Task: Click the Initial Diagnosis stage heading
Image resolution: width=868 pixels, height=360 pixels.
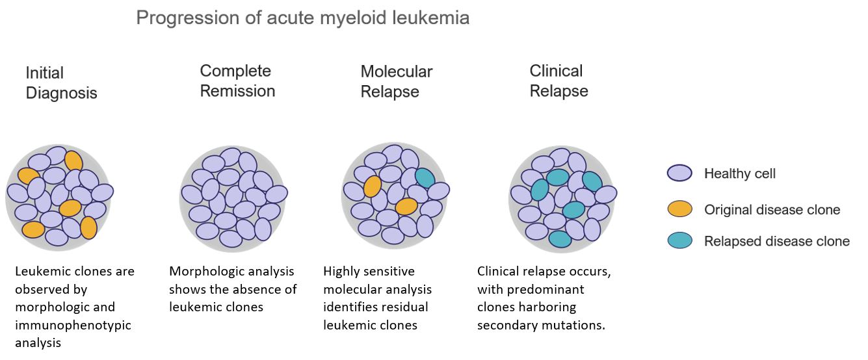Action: pos(61,83)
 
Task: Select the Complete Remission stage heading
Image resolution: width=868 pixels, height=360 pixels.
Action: pos(237,81)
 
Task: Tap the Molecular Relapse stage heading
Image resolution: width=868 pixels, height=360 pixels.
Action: pos(396,81)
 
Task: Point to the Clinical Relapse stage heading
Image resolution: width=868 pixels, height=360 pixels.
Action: pos(559,81)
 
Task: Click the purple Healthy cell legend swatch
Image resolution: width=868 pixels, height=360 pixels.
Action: pos(679,174)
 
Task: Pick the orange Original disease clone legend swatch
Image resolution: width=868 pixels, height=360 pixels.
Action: pos(679,209)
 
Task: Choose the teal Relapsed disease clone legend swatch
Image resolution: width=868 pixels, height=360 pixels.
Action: pos(679,241)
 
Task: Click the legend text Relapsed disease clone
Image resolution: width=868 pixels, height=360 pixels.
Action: pos(776,241)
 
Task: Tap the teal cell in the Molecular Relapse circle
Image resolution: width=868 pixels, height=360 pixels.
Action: pos(425,178)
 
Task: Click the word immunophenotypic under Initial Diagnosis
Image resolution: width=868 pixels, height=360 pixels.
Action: pos(72,325)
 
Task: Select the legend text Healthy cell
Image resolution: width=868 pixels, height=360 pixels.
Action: pos(739,174)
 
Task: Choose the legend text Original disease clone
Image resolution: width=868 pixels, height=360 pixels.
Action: pos(772,209)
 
